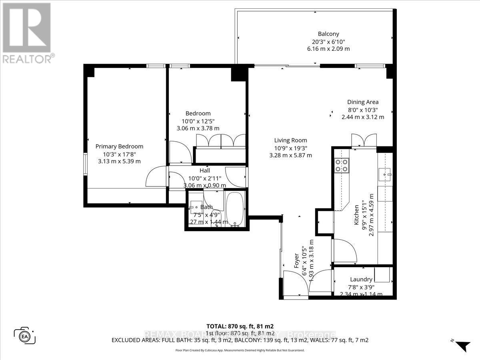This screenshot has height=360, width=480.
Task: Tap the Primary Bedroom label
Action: coord(119,146)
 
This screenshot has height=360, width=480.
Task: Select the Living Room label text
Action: coord(290,140)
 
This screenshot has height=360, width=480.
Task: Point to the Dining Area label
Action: coord(362,102)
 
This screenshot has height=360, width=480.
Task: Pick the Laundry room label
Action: coord(361,279)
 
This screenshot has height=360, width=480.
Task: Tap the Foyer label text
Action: coord(296,261)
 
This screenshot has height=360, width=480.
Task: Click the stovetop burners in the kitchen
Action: coord(342,165)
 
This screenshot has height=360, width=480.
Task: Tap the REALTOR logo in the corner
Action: coord(27,32)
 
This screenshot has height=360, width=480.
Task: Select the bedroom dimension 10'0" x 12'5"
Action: coord(198,121)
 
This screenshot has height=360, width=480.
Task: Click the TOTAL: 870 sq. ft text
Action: coord(240,326)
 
